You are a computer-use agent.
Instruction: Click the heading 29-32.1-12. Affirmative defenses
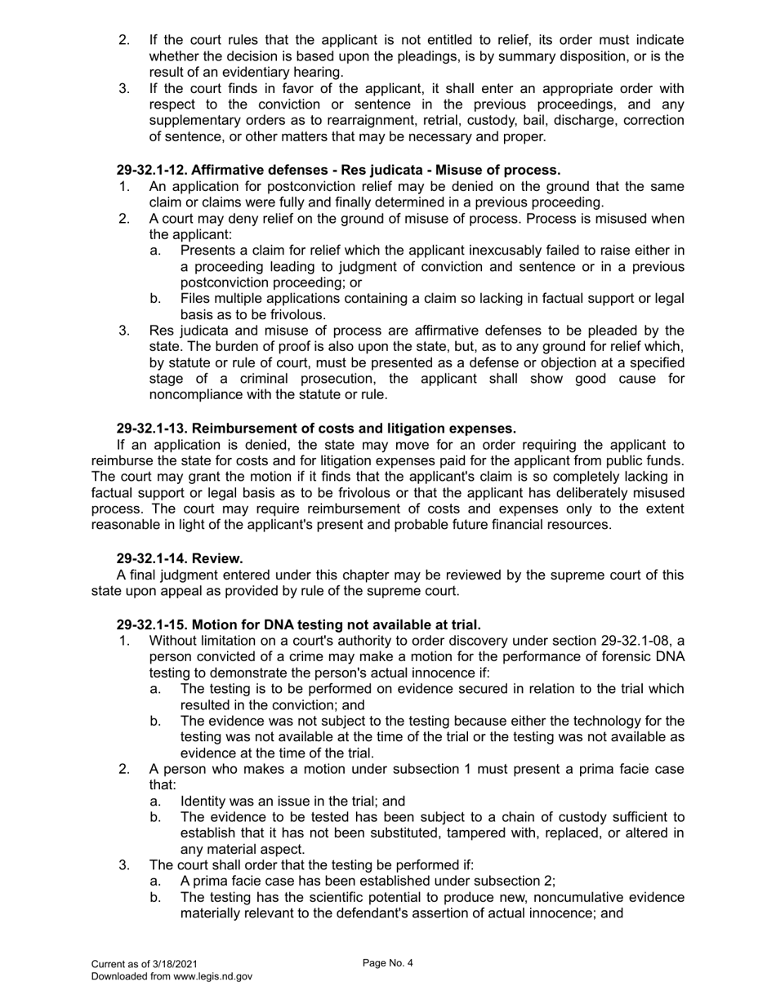click(338, 171)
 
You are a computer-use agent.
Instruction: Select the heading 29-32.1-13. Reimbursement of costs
click(316, 429)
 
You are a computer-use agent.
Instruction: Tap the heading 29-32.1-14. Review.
click(180, 558)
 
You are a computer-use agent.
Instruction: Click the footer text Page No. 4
click(388, 963)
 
